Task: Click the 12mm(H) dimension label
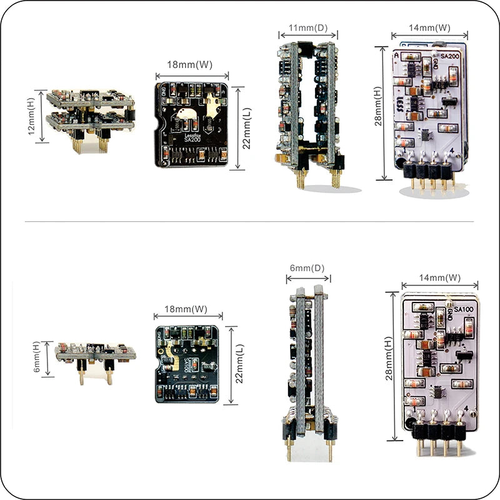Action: [x=32, y=115]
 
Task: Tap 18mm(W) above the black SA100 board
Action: [x=186, y=309]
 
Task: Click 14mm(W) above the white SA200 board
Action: [x=429, y=27]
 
